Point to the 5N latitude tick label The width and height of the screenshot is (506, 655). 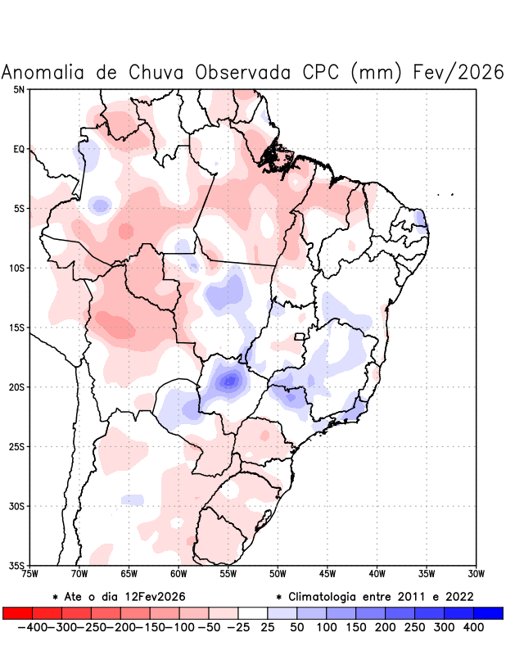point(19,89)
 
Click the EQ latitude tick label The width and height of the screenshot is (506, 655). point(19,149)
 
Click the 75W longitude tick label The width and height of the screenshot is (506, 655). point(30,574)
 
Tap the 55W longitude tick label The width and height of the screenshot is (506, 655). point(228,574)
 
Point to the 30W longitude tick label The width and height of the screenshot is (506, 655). point(477,574)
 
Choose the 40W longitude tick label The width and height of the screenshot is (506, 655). point(377,574)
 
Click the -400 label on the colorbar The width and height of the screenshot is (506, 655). point(31,627)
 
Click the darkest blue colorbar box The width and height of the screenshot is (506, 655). point(488,613)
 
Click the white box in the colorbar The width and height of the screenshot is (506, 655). point(253,613)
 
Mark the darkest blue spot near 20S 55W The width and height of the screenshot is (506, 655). point(230,380)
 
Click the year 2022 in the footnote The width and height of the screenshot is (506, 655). point(458,597)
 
